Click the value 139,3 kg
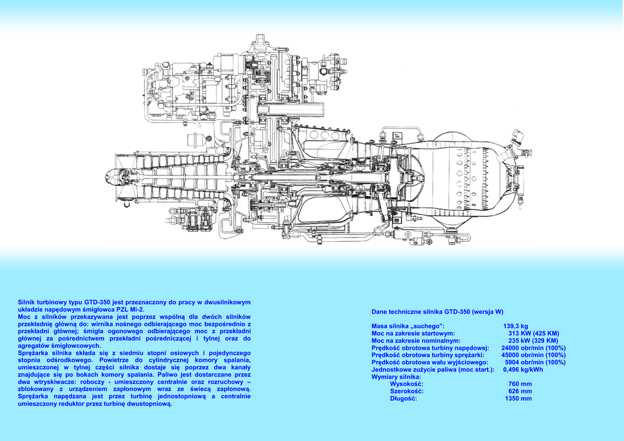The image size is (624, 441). (x=516, y=326)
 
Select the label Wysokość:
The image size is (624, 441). (x=406, y=384)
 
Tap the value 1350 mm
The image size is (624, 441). (x=518, y=398)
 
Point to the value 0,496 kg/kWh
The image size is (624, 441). (x=523, y=369)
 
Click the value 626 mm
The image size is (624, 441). (x=520, y=391)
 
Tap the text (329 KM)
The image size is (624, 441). (x=544, y=340)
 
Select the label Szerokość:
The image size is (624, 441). (x=406, y=391)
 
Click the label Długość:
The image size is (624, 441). (x=403, y=398)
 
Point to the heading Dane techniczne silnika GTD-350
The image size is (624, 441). (x=428, y=311)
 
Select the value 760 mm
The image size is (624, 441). (x=520, y=384)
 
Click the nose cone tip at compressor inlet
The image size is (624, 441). (x=108, y=177)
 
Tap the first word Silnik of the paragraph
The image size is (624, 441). (x=27, y=302)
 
